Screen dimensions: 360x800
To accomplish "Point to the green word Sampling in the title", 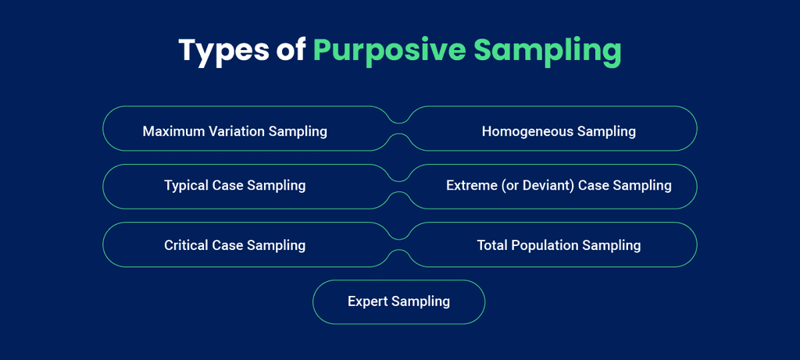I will tap(548, 50).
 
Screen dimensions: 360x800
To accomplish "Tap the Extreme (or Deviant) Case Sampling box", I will tap(559, 187).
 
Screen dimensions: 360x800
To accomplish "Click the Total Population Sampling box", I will tap(559, 245).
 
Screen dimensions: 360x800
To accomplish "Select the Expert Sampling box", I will tap(398, 301).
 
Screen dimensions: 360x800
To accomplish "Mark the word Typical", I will tap(186, 186).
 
